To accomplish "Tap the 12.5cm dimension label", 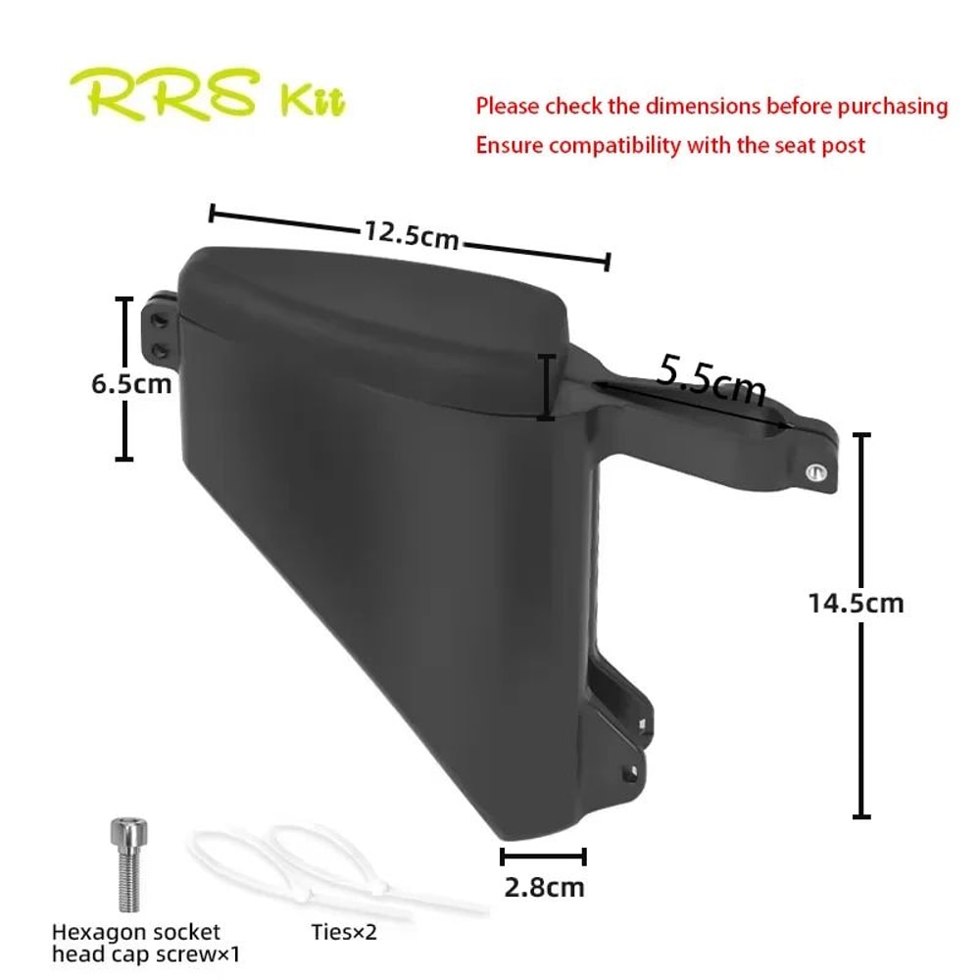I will [412, 235].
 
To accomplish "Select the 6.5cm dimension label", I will [131, 383].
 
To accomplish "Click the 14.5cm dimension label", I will [856, 603].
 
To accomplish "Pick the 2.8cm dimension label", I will [544, 888].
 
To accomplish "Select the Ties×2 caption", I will [344, 932].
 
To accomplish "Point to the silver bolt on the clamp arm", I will [812, 472].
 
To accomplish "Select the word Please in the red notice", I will [507, 106].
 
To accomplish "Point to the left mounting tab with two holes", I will [160, 333].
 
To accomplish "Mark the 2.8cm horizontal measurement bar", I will [543, 857].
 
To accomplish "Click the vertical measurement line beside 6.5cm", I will [124, 378].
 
